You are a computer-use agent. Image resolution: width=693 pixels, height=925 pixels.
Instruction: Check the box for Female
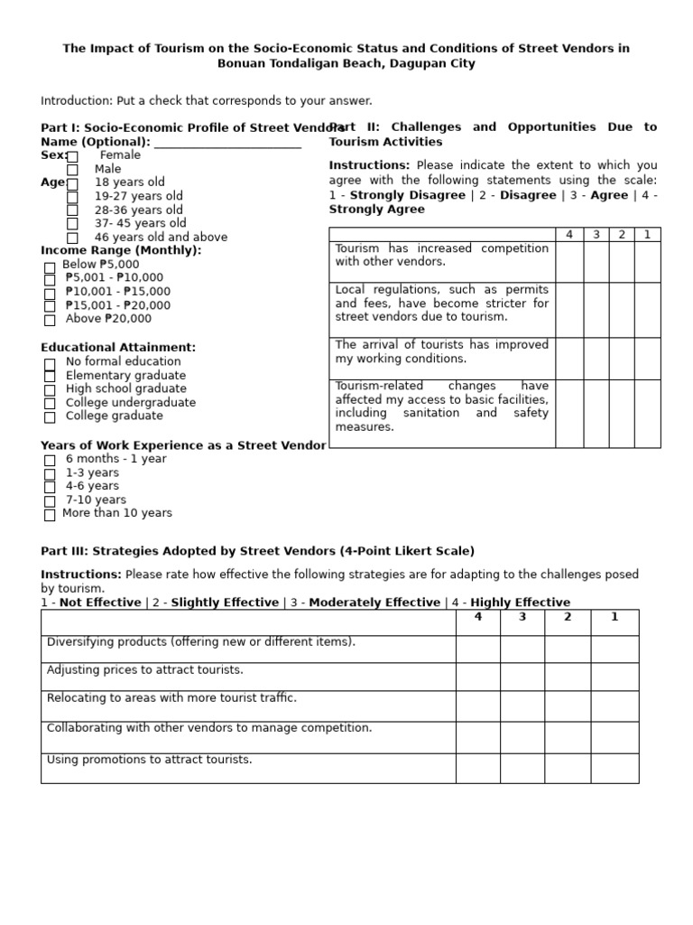click(x=72, y=156)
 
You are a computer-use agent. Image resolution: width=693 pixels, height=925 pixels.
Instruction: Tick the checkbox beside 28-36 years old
click(x=72, y=210)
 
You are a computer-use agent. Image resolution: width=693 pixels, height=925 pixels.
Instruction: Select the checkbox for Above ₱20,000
click(x=50, y=320)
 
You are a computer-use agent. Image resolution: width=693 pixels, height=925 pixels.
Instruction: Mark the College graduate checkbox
click(x=50, y=417)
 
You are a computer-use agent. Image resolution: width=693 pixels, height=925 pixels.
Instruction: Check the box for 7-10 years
click(x=50, y=501)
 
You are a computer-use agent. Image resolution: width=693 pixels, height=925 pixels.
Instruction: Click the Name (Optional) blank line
click(x=227, y=143)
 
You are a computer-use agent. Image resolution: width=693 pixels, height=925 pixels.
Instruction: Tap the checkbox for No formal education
click(x=50, y=363)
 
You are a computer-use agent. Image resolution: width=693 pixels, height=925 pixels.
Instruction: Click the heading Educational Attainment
click(x=118, y=348)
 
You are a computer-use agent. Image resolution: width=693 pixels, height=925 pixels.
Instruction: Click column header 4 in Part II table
click(x=568, y=235)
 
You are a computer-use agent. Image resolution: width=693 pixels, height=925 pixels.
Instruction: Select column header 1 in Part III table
click(x=614, y=618)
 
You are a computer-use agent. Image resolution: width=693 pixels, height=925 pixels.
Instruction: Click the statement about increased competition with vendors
click(x=441, y=255)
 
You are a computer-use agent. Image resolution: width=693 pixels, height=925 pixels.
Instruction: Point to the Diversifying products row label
click(x=201, y=642)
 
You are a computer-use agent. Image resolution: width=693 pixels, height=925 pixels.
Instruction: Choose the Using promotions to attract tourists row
click(x=150, y=760)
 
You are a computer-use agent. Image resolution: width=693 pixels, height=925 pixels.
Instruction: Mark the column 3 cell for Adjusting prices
click(x=522, y=677)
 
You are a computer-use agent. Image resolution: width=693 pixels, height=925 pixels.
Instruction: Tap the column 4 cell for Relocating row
click(x=477, y=705)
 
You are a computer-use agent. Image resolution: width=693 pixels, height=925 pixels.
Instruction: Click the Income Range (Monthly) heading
click(x=121, y=250)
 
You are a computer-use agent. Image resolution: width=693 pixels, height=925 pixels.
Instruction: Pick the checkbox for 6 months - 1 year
click(x=50, y=461)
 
